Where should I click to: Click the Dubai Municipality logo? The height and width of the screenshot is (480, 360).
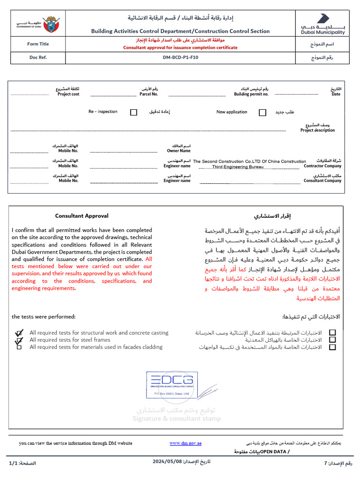point(322,24)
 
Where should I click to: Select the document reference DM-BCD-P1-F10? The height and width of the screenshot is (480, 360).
point(180,58)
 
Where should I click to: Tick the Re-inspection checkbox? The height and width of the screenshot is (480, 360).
point(134,112)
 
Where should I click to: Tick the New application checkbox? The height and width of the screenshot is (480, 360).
point(262,112)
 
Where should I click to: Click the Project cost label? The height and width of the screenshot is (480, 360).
point(68,94)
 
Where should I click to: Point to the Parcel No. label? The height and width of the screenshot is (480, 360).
point(149,94)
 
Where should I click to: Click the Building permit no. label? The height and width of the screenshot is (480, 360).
point(251,94)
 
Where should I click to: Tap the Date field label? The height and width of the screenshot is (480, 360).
point(336,94)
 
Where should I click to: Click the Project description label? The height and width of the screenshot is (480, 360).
point(317,130)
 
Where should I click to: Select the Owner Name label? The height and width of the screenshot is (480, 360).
point(179,151)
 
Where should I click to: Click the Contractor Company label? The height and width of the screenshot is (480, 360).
point(322,166)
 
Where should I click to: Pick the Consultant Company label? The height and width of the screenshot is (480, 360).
point(322,180)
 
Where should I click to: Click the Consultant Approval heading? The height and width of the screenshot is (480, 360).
point(82,216)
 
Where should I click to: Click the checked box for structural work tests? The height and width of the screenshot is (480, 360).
point(19,333)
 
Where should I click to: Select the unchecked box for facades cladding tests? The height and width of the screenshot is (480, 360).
point(19,347)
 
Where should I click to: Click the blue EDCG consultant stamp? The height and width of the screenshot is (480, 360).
point(170,384)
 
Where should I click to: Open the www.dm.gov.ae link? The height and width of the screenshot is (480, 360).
point(185,443)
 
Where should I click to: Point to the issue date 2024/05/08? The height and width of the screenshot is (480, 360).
point(167,462)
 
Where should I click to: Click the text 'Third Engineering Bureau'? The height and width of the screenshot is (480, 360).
point(238,167)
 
